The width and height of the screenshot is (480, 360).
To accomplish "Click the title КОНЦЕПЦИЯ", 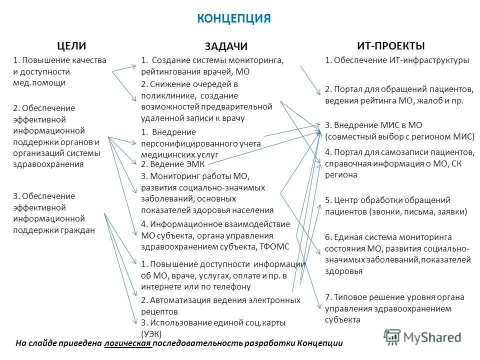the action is point(234,18).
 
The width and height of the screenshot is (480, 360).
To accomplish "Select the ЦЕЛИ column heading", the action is point(72,45).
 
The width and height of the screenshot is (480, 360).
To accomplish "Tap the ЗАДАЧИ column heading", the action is point(226,46).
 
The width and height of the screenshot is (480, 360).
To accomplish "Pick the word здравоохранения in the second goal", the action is point(48,163).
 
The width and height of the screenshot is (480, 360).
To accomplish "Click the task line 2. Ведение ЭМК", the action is point(173,163).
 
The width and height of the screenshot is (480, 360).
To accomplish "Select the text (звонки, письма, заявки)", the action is point(418,211).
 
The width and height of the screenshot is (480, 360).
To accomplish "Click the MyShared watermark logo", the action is point(422,336).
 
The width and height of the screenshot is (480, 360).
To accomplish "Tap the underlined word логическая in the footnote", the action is point(128,343).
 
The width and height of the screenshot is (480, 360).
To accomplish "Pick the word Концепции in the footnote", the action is point(319,343).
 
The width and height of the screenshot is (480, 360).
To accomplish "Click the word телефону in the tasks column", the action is point(230,286).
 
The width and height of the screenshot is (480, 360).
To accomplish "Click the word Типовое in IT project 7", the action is point(349,297).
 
